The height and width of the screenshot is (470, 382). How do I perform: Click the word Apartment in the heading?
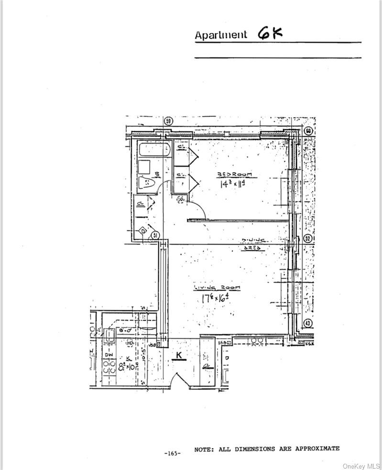pos(221,35)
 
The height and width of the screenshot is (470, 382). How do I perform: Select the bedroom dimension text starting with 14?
pos(231,184)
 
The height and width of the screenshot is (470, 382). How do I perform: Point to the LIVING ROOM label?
pos(217,288)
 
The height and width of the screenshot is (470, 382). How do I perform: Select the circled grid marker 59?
pos(168,121)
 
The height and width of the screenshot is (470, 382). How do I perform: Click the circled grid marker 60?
pos(308,131)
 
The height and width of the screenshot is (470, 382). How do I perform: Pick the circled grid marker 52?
pos(308,238)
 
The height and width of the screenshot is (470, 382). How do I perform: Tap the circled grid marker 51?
pos(155,235)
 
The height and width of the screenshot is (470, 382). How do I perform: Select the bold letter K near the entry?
pos(179,355)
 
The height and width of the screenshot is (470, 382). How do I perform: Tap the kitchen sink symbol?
pos(109,335)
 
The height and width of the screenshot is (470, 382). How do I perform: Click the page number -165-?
pos(172,453)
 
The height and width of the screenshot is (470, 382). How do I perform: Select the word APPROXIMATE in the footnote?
pos(317,448)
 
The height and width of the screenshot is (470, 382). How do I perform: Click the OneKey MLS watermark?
pos(362,464)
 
